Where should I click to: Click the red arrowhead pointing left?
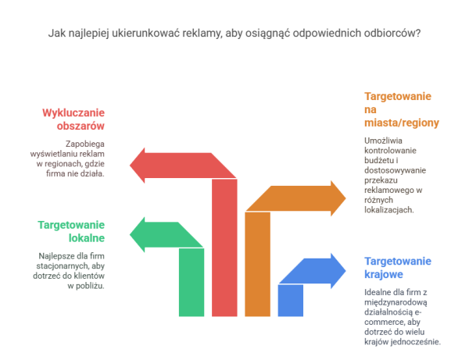(138, 166)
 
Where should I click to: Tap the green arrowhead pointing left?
(138, 235)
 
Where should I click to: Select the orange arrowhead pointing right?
(338, 198)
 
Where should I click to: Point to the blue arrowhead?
(338, 271)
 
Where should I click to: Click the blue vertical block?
(291, 300)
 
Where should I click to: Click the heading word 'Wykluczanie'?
(73, 113)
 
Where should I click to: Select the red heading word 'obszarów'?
(81, 126)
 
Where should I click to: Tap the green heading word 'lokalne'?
(87, 238)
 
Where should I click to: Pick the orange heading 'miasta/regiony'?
(402, 123)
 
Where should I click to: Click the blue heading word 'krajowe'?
(384, 274)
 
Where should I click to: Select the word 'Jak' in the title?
(57, 33)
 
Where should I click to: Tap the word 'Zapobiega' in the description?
(85, 144)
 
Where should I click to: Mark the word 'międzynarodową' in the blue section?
(396, 302)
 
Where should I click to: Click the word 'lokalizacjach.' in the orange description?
(388, 210)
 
